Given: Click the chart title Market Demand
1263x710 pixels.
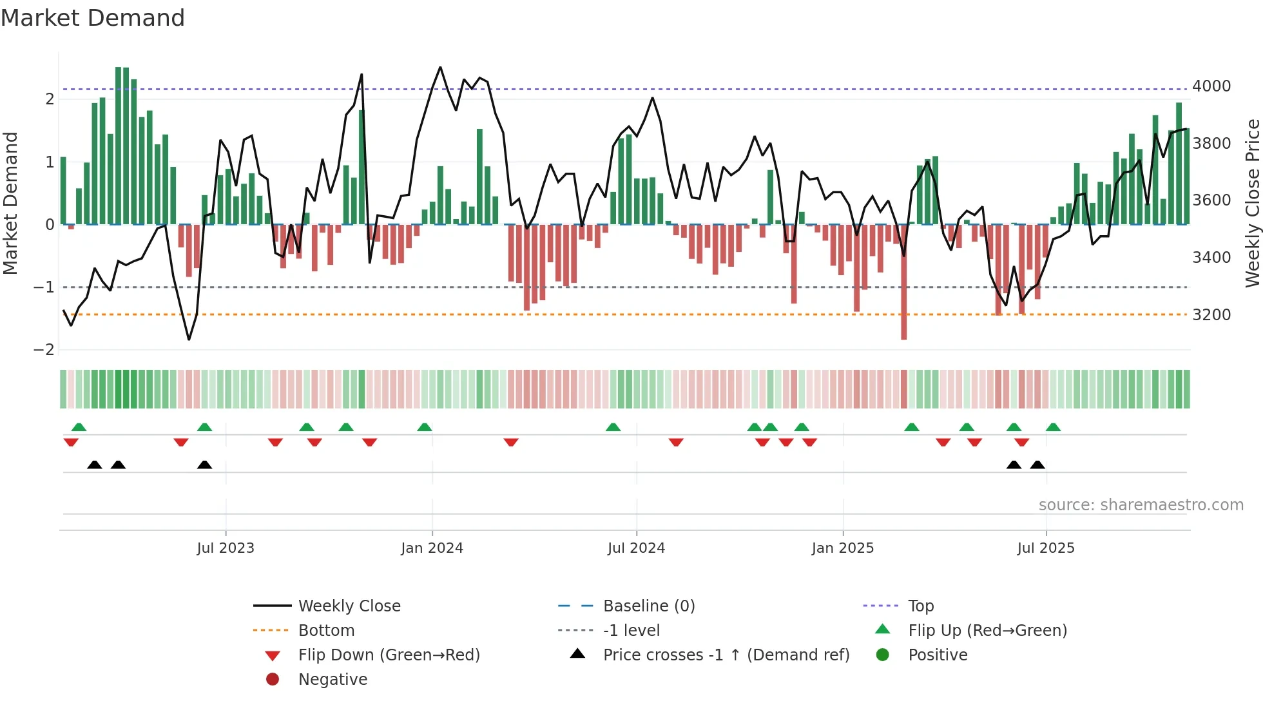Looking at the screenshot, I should [93, 18].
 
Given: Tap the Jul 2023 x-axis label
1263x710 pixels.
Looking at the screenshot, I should [226, 548].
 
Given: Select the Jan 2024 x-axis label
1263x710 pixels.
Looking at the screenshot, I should [432, 548].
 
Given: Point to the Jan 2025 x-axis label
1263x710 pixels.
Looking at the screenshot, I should [842, 548].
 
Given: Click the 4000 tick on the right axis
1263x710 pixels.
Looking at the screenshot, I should [1211, 86].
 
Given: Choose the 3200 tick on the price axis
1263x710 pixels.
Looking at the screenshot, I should [1211, 315].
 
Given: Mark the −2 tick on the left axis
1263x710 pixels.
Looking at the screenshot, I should [44, 350].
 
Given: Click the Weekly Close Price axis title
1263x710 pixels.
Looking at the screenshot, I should [1252, 203].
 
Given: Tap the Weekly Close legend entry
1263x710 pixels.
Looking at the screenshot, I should [349, 606].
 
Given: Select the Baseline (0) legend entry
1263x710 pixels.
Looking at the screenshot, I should [648, 606].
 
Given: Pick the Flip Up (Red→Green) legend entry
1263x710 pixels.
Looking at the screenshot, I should [987, 631].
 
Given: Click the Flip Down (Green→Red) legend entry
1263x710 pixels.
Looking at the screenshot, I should [389, 655].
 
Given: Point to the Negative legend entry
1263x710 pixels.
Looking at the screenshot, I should [333, 680].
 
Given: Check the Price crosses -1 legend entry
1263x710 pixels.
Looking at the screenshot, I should [726, 655].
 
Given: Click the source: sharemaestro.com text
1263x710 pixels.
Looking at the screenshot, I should [1141, 505].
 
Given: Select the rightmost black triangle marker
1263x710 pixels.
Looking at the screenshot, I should [1037, 465].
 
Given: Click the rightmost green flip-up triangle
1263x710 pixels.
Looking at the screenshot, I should [1053, 427].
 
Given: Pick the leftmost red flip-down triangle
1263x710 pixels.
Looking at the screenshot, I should [71, 442].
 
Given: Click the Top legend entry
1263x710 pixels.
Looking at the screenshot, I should [920, 606].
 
